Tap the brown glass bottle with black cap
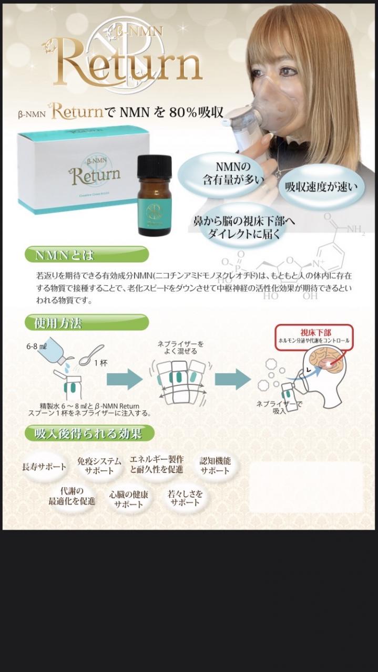(x=155, y=195)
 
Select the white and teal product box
(x=84, y=171)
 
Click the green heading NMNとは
(x=87, y=255)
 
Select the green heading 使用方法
(x=87, y=322)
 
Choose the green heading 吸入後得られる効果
(x=89, y=433)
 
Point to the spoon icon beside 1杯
(x=91, y=354)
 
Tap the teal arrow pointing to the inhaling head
(x=233, y=380)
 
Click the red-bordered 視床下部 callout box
(x=314, y=337)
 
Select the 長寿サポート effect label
(x=44, y=467)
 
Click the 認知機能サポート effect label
(x=215, y=465)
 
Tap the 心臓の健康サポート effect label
(x=128, y=499)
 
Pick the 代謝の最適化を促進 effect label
(x=71, y=496)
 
